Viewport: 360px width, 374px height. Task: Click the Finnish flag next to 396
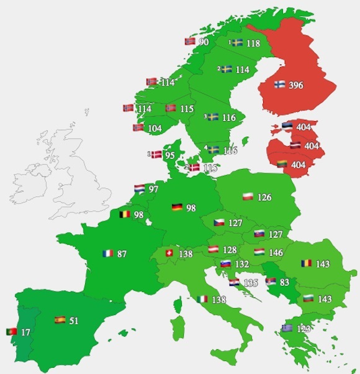(x=279, y=85)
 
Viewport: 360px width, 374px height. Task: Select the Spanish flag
(x=60, y=321)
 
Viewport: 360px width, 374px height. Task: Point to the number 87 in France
(x=122, y=253)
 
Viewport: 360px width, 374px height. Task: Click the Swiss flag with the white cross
(x=169, y=253)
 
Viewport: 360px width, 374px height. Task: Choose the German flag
(x=177, y=207)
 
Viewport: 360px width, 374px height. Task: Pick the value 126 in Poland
(x=264, y=198)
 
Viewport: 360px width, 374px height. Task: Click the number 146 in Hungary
(x=276, y=253)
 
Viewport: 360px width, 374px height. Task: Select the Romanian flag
(x=307, y=263)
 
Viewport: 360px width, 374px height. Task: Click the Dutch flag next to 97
(x=140, y=188)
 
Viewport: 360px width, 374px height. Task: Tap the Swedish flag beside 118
(x=237, y=43)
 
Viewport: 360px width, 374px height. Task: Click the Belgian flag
(x=125, y=215)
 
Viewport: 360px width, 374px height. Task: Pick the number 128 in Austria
(x=230, y=250)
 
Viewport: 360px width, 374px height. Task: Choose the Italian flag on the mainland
(x=202, y=299)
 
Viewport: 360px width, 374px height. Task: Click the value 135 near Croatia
(x=251, y=283)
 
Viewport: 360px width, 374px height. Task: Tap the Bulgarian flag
(x=307, y=298)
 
